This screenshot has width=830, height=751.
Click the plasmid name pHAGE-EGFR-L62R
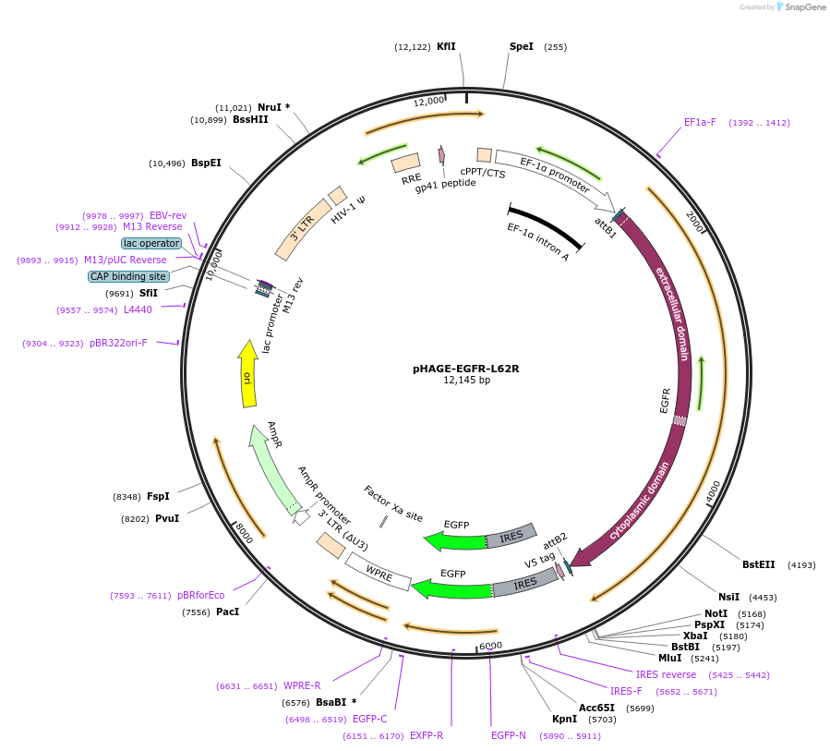[x=465, y=368]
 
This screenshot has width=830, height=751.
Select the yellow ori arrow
[x=247, y=375]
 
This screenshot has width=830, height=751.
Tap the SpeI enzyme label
[x=522, y=46]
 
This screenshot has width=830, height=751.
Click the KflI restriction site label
[x=446, y=46]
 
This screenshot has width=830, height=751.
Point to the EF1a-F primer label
[x=700, y=122]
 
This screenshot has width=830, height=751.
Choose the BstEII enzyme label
[x=759, y=564]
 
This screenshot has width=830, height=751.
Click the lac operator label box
[x=151, y=243]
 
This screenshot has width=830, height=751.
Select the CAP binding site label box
[x=128, y=276]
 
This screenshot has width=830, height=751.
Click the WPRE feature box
[x=379, y=572]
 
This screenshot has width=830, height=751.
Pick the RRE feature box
[x=406, y=164]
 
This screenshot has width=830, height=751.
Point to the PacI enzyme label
[x=227, y=612]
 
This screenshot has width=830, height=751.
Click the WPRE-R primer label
[x=302, y=685]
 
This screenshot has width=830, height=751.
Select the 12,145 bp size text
[x=466, y=380]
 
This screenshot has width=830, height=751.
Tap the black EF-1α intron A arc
[x=545, y=224]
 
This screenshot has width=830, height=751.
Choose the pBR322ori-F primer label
[x=118, y=343]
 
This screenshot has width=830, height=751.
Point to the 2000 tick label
[x=694, y=222]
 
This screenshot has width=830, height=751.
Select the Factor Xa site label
[x=393, y=503]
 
